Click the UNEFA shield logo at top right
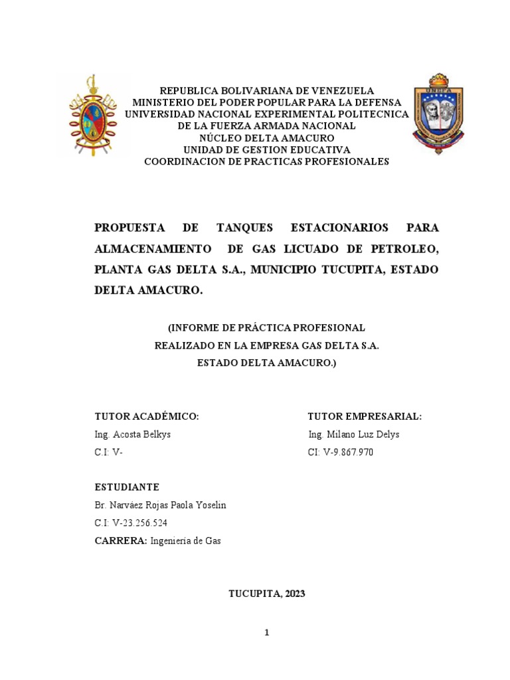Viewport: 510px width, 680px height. [x=439, y=114]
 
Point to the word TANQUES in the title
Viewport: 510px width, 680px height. [x=244, y=228]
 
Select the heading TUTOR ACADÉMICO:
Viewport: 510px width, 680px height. [x=147, y=416]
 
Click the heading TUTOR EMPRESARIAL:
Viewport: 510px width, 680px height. [x=365, y=416]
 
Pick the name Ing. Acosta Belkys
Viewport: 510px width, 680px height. [x=137, y=434]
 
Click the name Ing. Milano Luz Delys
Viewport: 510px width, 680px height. [x=354, y=434]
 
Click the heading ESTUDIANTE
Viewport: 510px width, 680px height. [x=127, y=487]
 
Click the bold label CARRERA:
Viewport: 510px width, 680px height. [x=121, y=541]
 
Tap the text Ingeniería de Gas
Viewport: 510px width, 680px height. [x=186, y=541]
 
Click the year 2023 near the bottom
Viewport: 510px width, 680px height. [x=293, y=594]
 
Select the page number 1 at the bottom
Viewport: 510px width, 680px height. [x=266, y=633]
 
